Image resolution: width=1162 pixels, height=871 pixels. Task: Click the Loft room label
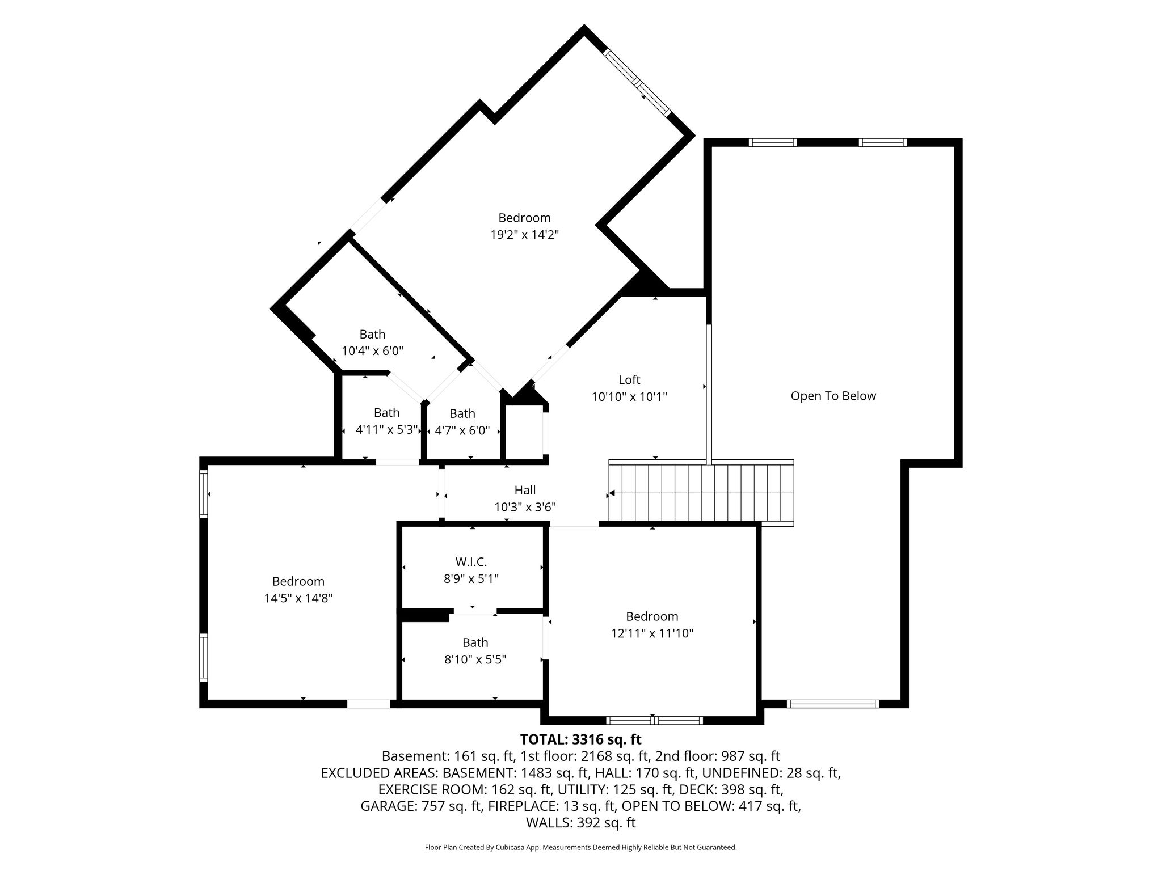point(629,380)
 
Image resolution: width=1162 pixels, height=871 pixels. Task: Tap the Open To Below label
point(833,396)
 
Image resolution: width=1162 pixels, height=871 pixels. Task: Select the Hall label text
point(525,490)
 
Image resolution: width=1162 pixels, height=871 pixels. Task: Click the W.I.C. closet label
point(471,562)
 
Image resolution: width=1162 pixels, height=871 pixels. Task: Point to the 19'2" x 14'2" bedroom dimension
point(525,235)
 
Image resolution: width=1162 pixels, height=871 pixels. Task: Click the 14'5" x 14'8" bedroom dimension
point(298,598)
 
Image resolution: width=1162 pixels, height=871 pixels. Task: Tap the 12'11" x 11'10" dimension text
point(652,633)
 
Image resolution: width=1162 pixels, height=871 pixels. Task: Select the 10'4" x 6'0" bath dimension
point(372,351)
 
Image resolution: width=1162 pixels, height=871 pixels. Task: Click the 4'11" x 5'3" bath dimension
point(386,430)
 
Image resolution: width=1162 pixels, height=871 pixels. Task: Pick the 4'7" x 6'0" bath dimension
point(462,430)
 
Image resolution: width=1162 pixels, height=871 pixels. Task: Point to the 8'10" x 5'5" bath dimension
point(475,659)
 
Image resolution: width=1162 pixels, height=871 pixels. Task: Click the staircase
point(701,493)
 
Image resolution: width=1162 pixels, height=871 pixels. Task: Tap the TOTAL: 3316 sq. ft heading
point(581,739)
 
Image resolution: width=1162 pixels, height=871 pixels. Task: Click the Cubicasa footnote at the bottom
point(581,847)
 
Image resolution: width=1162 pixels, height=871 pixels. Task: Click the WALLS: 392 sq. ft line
point(581,823)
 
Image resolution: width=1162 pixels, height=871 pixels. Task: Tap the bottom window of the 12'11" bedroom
point(655,721)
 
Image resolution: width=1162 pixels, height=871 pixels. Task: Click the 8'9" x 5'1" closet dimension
point(471,579)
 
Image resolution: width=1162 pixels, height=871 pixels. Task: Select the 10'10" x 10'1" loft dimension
point(629,397)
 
